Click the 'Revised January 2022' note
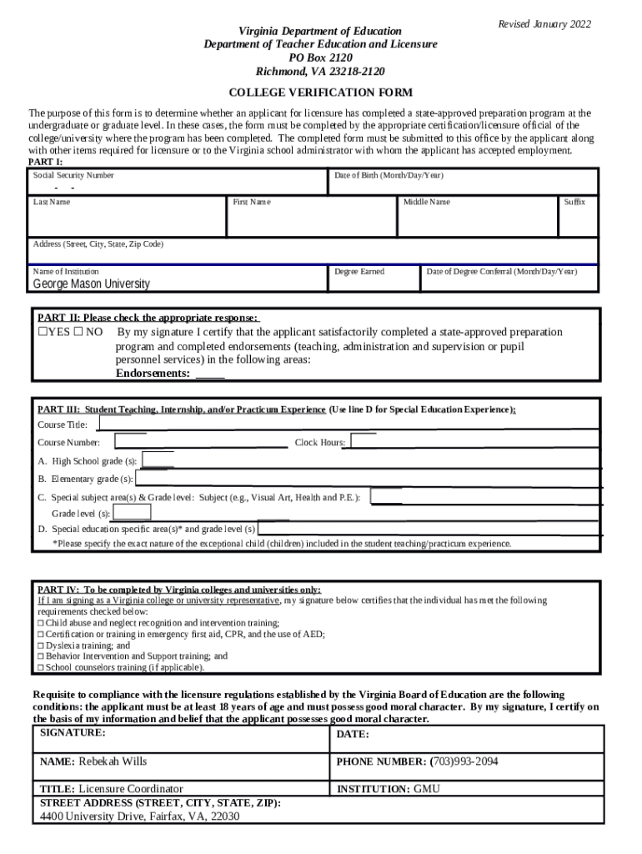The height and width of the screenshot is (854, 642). [x=544, y=24]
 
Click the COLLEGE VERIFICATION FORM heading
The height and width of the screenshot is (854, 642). [x=321, y=93]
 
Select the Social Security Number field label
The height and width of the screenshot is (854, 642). [x=73, y=176]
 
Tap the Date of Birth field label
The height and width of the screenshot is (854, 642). [x=389, y=176]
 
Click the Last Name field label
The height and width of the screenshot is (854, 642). [x=52, y=202]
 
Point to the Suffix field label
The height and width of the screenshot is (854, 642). [x=574, y=202]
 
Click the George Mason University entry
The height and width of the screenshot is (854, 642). [x=91, y=284]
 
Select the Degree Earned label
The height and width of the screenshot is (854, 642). [x=359, y=271]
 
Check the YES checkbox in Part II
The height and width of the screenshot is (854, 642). [x=43, y=332]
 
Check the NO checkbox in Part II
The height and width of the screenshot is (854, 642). [x=78, y=332]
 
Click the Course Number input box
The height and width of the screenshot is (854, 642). [x=200, y=441]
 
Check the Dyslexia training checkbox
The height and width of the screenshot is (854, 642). [x=41, y=646]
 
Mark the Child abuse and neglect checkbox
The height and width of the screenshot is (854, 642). [x=41, y=623]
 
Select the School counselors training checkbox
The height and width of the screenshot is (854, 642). [x=41, y=667]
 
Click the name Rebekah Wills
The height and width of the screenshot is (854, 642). [x=113, y=761]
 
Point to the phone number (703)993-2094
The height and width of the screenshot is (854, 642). [x=464, y=761]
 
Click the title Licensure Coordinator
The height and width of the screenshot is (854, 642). [x=130, y=788]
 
